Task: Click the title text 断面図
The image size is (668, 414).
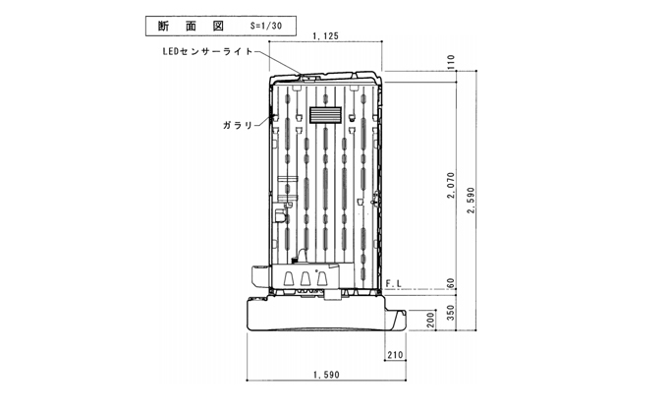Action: point(191,26)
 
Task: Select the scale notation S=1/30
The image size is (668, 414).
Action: point(266,26)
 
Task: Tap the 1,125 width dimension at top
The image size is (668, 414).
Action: point(325,36)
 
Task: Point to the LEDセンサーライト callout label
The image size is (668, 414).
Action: point(208,51)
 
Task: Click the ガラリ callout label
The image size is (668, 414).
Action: point(238,125)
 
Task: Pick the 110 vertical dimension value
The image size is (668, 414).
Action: point(452,62)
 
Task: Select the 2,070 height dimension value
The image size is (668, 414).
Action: point(452,185)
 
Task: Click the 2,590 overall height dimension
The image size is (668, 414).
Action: point(471,201)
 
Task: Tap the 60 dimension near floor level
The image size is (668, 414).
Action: point(452,284)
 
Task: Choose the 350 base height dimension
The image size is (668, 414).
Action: point(452,313)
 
